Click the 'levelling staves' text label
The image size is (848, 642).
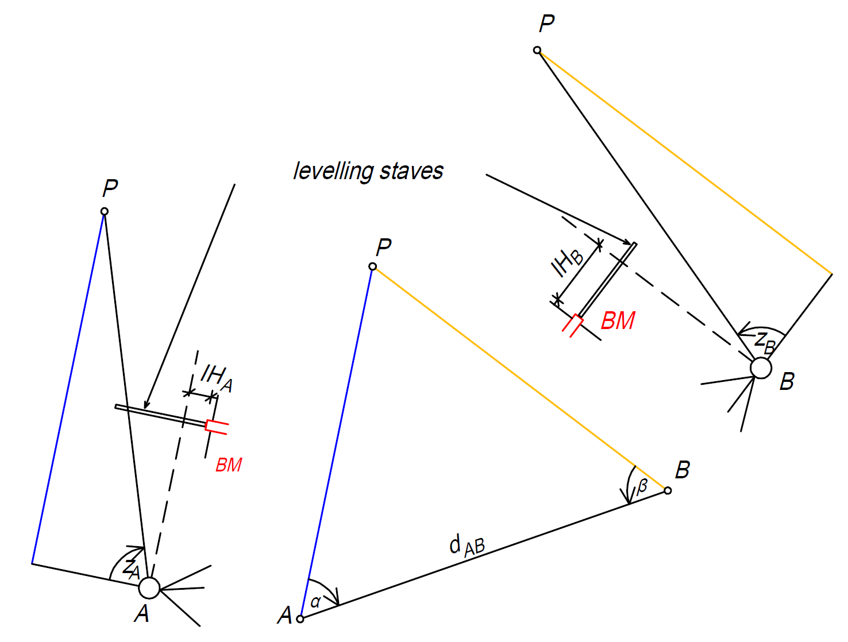(368, 171)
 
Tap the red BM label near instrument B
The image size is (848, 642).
(618, 320)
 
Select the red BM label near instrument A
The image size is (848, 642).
(229, 465)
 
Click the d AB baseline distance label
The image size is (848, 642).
(467, 546)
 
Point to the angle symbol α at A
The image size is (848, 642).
(315, 601)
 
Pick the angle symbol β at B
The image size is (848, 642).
(641, 486)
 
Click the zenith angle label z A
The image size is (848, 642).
(130, 568)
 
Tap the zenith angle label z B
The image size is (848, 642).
(765, 342)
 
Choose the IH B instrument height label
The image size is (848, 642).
(566, 262)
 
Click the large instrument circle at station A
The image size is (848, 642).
(149, 588)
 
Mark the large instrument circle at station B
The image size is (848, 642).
(761, 368)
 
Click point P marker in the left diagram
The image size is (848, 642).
(105, 211)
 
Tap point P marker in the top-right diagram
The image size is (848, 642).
(537, 50)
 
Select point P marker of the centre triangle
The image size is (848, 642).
(372, 266)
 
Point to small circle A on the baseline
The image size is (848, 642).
(300, 619)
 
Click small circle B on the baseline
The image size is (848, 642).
(668, 490)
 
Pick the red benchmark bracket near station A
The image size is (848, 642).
(217, 427)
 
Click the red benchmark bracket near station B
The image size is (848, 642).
(573, 326)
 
